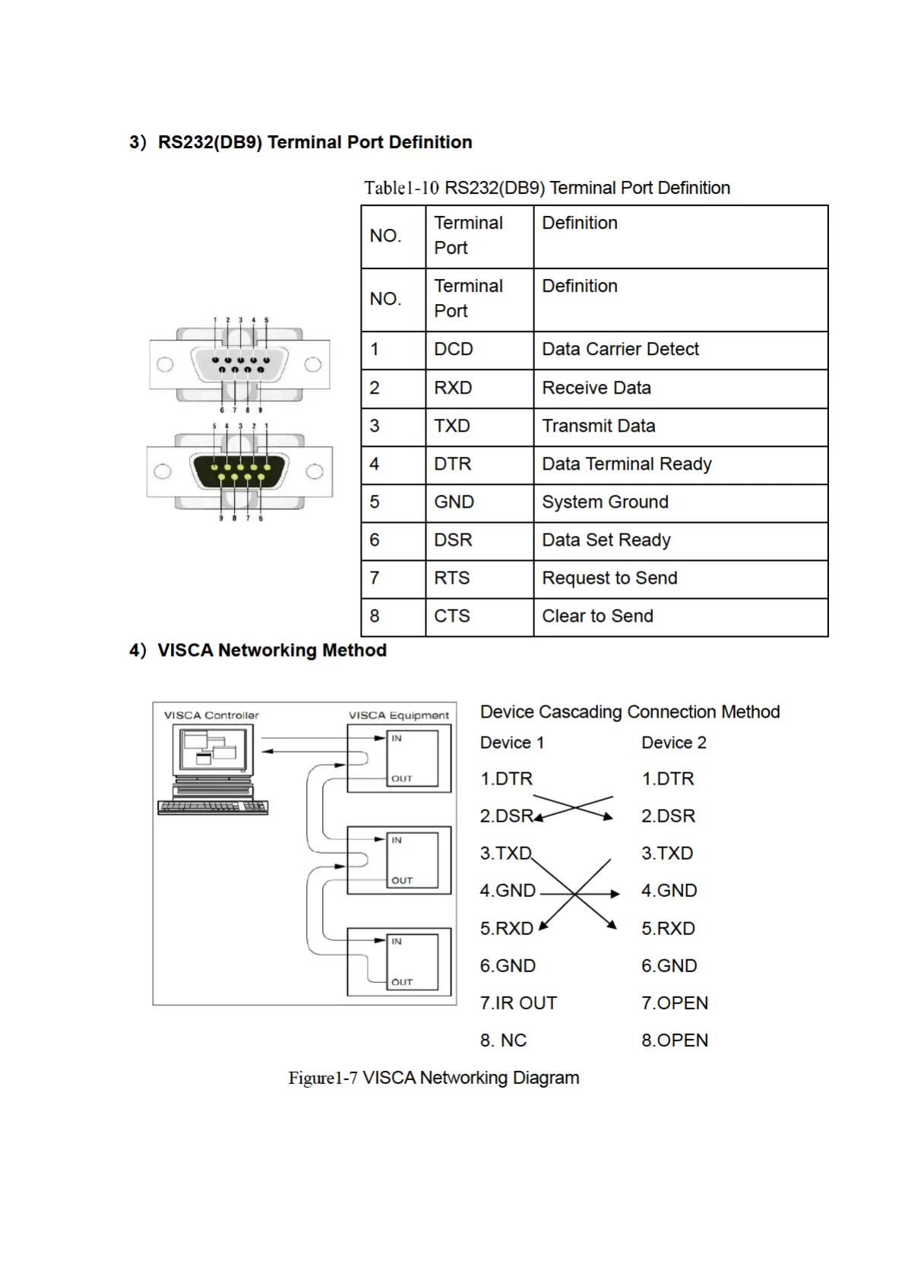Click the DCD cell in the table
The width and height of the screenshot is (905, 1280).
click(454, 350)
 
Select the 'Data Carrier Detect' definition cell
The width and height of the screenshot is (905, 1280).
click(620, 350)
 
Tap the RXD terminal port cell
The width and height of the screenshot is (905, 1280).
click(453, 388)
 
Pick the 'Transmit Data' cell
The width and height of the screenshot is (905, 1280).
click(598, 426)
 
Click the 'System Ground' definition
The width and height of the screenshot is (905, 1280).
click(605, 502)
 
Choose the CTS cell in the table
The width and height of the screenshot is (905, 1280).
click(452, 616)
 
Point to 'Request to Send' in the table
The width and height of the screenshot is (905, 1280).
click(609, 578)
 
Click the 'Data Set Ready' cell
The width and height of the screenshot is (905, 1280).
click(606, 540)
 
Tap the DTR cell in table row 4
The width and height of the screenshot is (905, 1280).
click(453, 464)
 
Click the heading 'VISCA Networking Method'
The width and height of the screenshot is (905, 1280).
click(271, 651)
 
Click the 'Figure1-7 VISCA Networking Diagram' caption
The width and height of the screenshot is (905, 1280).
click(433, 1078)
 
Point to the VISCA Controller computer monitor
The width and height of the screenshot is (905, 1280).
click(214, 752)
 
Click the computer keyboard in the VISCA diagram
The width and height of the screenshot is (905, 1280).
click(213, 807)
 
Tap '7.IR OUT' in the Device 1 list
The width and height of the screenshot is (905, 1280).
click(518, 1003)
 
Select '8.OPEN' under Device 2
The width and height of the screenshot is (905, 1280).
click(674, 1041)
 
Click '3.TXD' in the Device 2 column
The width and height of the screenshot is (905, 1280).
click(666, 854)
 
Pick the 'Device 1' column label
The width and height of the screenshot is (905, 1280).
click(511, 743)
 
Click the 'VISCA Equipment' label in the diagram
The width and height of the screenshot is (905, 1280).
click(398, 715)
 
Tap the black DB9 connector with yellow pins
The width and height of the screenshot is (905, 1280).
click(239, 472)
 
